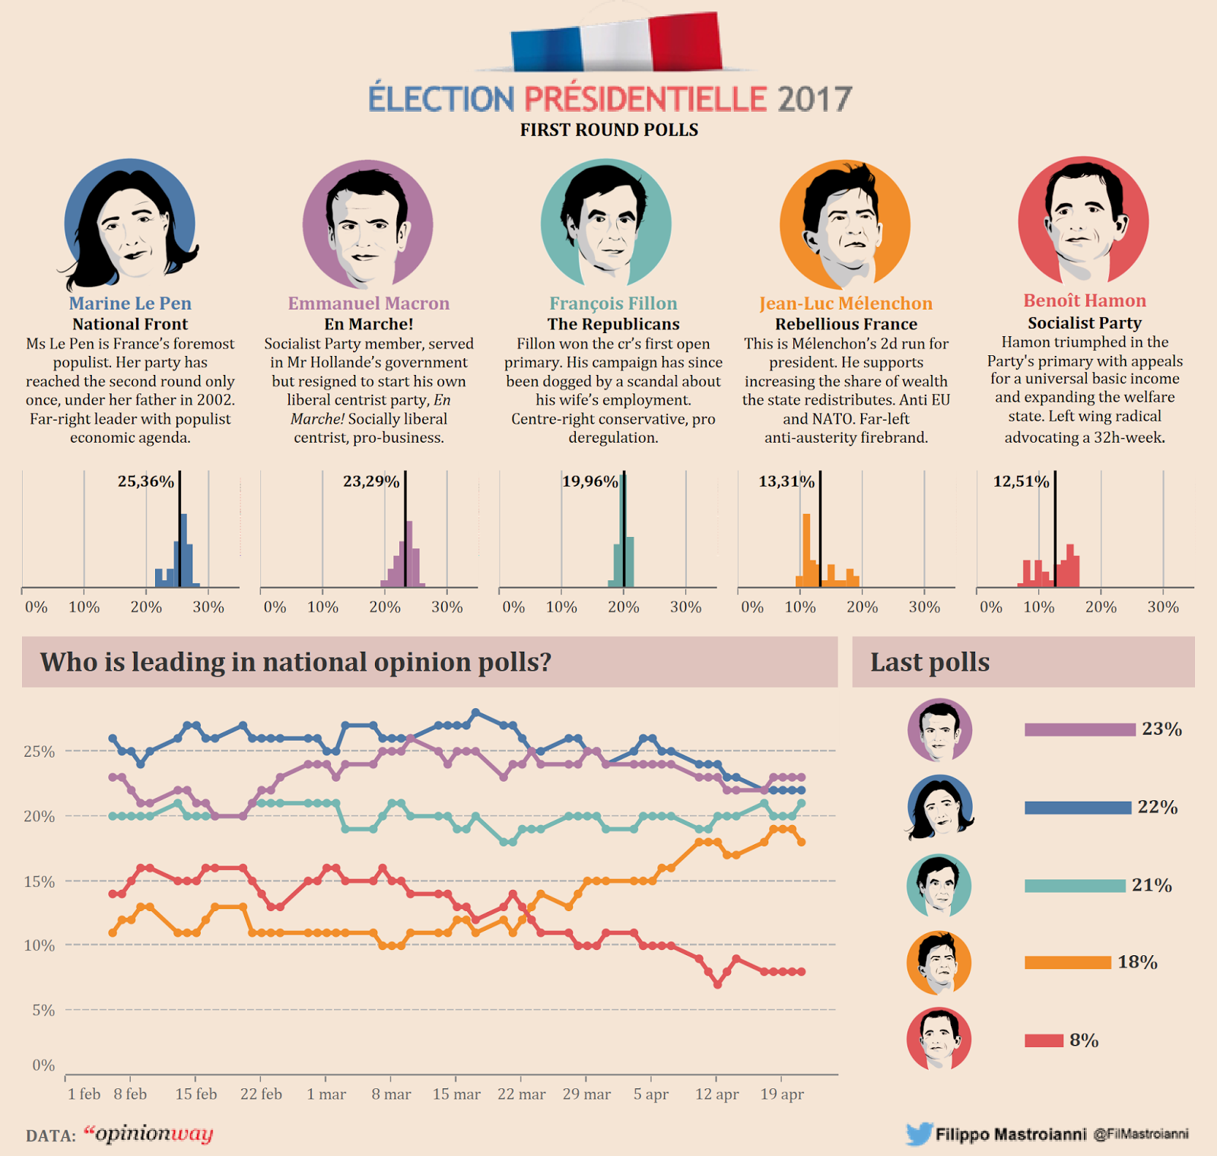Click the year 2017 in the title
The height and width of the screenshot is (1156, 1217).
coord(814,100)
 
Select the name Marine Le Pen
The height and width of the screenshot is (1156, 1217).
coord(130,303)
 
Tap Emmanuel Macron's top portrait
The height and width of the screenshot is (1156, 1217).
coord(368,224)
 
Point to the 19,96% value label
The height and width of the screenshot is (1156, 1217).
coord(589,481)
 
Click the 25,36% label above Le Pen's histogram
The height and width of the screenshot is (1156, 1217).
coord(145,481)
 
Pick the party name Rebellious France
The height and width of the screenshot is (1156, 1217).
coord(846,324)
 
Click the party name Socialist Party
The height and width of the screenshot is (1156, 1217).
coord(1084,322)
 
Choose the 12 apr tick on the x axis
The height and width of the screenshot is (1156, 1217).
coord(717,1094)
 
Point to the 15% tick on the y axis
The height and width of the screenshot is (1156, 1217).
coord(39,881)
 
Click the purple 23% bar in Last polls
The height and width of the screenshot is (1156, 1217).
coord(1079,730)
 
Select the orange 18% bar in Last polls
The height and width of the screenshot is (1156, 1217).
coord(1067,963)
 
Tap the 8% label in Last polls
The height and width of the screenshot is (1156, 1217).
coord(1084,1040)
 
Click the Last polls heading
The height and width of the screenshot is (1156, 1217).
coord(929,662)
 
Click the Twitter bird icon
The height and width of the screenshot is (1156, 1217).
coord(919,1134)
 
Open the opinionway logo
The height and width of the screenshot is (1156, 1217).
coord(148,1134)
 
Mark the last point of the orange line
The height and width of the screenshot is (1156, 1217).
coord(801,842)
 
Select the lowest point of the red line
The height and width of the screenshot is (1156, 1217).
coord(717,984)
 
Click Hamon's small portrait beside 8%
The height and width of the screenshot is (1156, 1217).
coord(939,1039)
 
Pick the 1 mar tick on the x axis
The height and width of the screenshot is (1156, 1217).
coord(326,1094)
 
